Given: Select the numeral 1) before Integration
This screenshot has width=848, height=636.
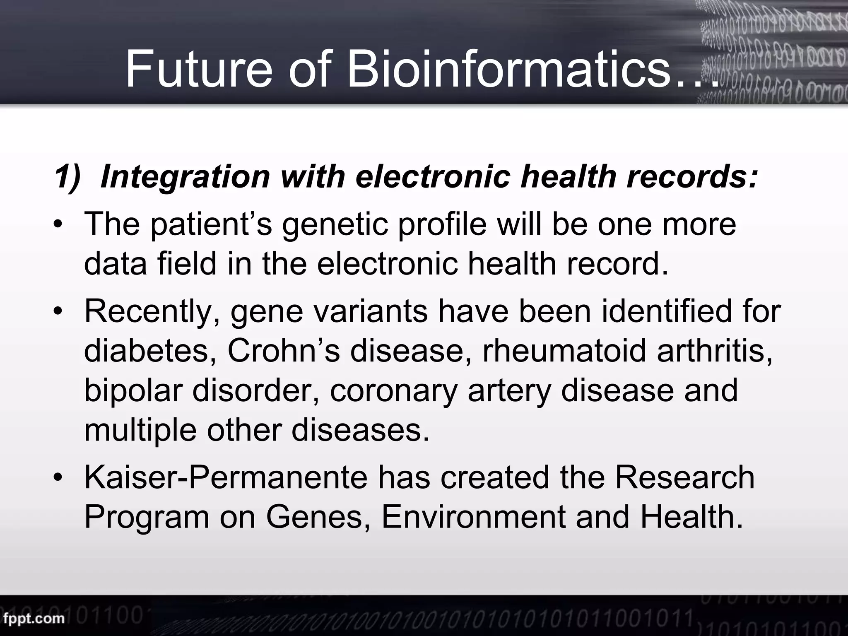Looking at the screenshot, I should click(x=67, y=177).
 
